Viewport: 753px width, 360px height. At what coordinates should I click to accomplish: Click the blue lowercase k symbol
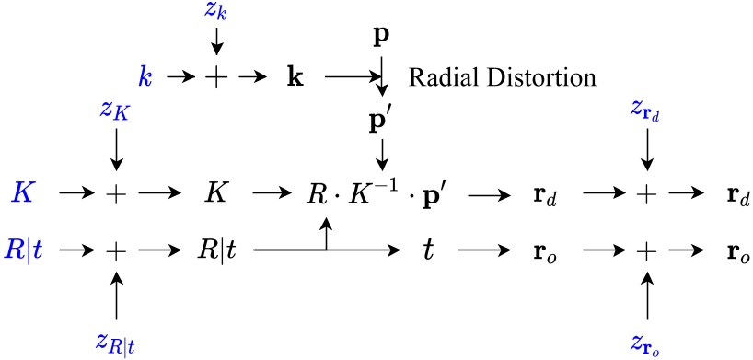click(144, 77)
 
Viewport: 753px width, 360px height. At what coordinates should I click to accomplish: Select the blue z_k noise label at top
click(217, 14)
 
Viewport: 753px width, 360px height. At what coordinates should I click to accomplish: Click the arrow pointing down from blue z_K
click(116, 149)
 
